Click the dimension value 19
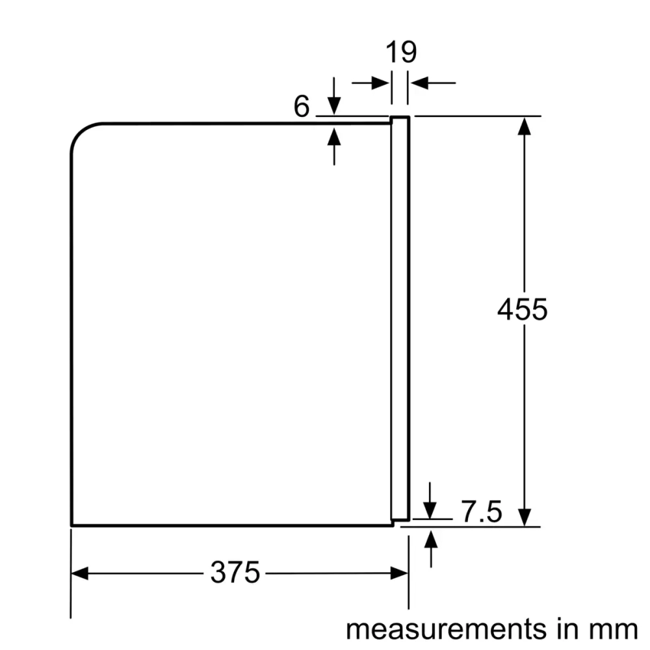click(401, 52)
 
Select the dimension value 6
click(302, 107)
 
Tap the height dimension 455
click(522, 309)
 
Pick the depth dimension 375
click(235, 572)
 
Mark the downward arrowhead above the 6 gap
click(334, 108)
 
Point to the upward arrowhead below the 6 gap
click(334, 135)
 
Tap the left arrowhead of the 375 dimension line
click(79, 573)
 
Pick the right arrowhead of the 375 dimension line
click(399, 573)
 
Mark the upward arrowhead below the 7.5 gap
click(430, 537)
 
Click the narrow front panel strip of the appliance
click(400, 318)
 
